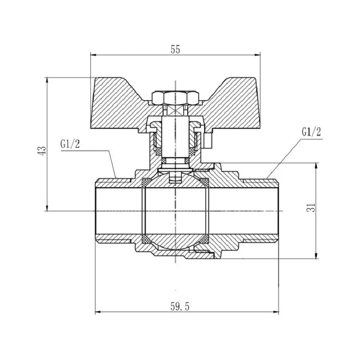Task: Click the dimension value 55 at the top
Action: (x=176, y=49)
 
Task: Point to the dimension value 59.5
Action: (x=180, y=307)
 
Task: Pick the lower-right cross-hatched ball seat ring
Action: (x=205, y=239)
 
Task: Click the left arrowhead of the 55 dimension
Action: (x=94, y=55)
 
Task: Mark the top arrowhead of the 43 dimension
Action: (x=48, y=79)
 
